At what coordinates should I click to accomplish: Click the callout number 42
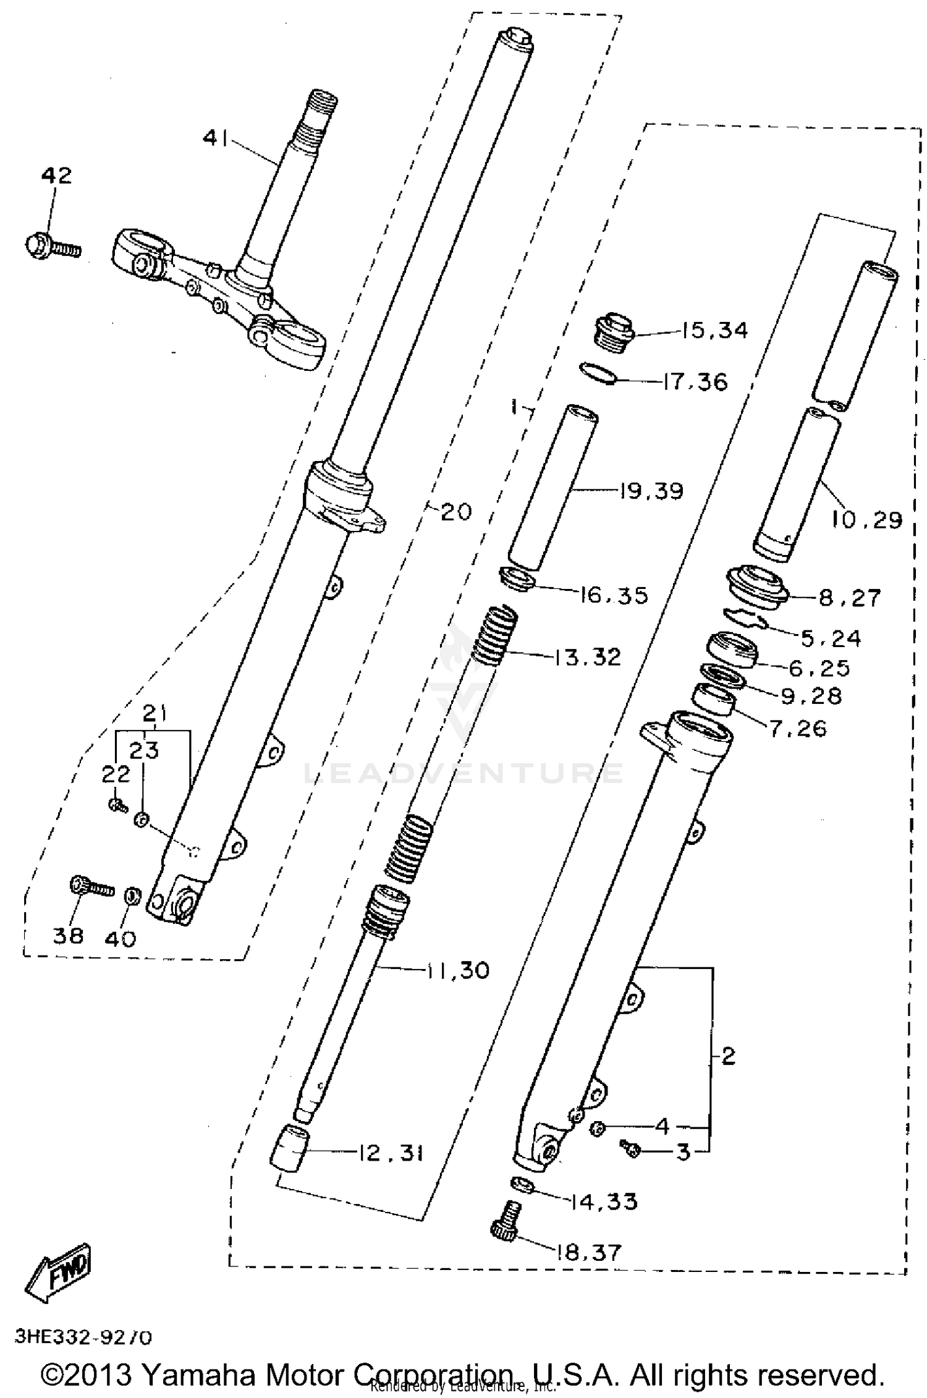(x=56, y=176)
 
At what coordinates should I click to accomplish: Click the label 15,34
(x=714, y=331)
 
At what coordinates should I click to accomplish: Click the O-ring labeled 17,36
(x=598, y=373)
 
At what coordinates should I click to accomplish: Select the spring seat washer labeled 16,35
(x=517, y=578)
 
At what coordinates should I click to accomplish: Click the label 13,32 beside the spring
(x=586, y=656)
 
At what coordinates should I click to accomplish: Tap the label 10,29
(x=867, y=520)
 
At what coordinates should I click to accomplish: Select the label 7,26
(x=798, y=729)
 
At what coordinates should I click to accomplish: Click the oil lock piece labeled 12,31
(x=290, y=1148)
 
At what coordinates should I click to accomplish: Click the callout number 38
(x=67, y=936)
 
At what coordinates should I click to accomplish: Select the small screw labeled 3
(x=631, y=1148)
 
